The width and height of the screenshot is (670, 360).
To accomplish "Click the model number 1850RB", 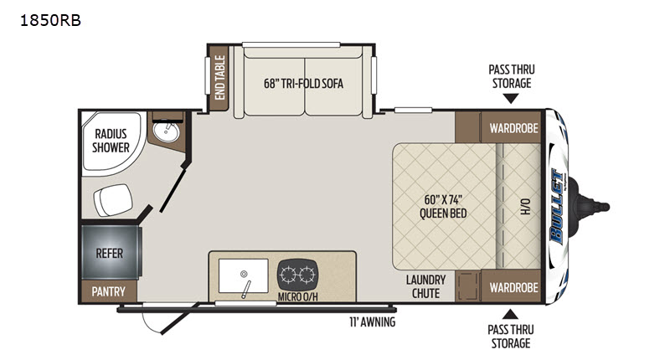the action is click(x=50, y=20).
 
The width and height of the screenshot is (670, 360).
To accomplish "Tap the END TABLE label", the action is click(x=219, y=78).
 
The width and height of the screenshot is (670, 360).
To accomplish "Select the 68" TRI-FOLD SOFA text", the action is click(x=303, y=83).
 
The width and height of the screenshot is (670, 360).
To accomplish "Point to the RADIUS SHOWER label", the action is click(x=111, y=141).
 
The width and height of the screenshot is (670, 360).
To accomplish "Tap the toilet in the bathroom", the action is click(x=113, y=199).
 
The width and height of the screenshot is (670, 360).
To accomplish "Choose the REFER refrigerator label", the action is click(x=110, y=253).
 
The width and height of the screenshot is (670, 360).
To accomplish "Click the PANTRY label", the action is click(x=109, y=291).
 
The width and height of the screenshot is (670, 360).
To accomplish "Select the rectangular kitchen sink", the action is click(x=244, y=276).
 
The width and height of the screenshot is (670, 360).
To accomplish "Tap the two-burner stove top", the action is click(x=298, y=274).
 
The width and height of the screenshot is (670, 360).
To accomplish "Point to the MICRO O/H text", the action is click(x=298, y=296).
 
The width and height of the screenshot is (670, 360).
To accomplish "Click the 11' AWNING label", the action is click(x=372, y=322).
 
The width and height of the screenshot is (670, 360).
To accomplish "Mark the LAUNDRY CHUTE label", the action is click(x=425, y=286).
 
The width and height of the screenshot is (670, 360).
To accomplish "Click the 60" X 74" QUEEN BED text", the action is click(x=443, y=206).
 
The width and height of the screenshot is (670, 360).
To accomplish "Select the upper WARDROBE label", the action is click(x=513, y=128).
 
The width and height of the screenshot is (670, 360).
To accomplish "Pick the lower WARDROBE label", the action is click(x=513, y=287).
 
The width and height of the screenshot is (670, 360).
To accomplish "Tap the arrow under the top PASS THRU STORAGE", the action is click(x=510, y=99).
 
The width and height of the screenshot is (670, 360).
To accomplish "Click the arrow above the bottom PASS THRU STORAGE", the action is click(x=510, y=314).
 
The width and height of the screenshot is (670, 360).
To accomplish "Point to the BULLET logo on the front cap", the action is click(x=558, y=207).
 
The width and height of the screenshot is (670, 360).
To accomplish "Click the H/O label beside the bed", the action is click(x=526, y=206).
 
